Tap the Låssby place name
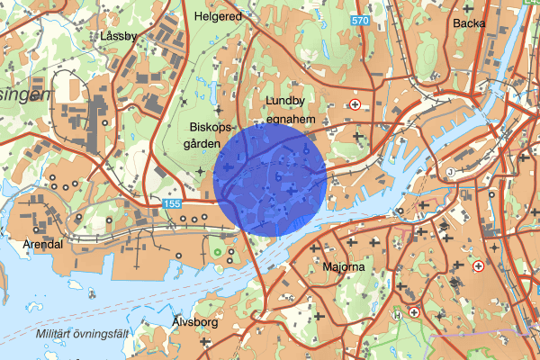pyautogui.click(x=119, y=36)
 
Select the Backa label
pyautogui.click(x=469, y=23)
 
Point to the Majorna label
pyautogui.click(x=341, y=267)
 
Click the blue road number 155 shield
pyautogui.click(x=171, y=205)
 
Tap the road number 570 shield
pyautogui.click(x=361, y=20)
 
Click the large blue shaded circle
pyautogui.click(x=270, y=180)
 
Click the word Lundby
pyautogui.click(x=285, y=101)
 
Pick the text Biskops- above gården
pyautogui.click(x=211, y=127)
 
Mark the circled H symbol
pyautogui.click(x=397, y=315)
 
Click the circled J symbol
pyautogui.click(x=449, y=171)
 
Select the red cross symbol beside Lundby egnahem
pyautogui.click(x=355, y=104)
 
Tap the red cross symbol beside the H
pyautogui.click(x=414, y=311)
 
